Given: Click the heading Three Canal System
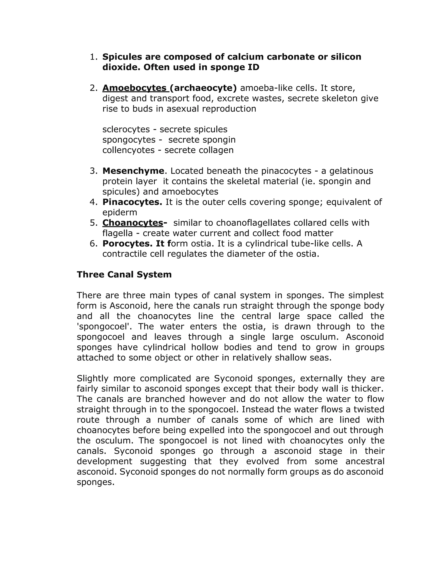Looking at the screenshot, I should (x=124, y=274).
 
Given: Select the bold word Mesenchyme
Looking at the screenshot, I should (x=133, y=171).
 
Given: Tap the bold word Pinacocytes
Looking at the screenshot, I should (x=132, y=202).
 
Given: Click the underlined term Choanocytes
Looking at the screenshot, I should (x=133, y=222).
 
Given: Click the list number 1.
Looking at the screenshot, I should (x=93, y=57).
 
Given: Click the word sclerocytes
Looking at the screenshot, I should (x=126, y=129).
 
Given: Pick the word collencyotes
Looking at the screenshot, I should (x=128, y=150).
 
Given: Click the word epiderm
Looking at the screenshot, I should (x=120, y=212).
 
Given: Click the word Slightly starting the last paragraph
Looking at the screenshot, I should (x=93, y=378).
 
